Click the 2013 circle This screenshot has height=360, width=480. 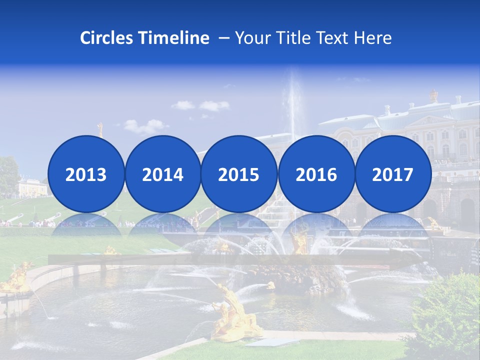click(x=86, y=174)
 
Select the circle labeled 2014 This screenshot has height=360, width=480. click(x=162, y=174)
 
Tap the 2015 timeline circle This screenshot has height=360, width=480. click(x=239, y=174)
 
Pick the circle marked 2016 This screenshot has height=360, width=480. click(x=316, y=174)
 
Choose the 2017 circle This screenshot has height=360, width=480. click(x=392, y=174)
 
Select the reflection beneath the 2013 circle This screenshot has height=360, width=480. click(x=86, y=225)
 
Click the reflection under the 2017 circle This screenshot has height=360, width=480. click(x=392, y=225)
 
